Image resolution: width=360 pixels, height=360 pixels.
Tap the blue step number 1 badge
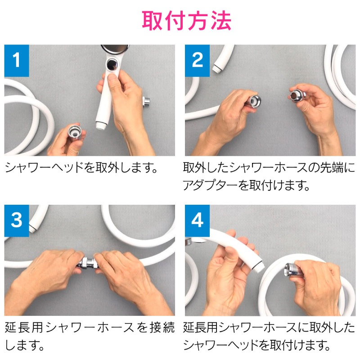[17, 60]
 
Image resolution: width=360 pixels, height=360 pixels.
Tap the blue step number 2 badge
[197, 60]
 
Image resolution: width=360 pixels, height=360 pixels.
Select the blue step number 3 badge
[17, 220]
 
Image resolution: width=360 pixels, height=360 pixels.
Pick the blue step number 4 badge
[197, 220]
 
